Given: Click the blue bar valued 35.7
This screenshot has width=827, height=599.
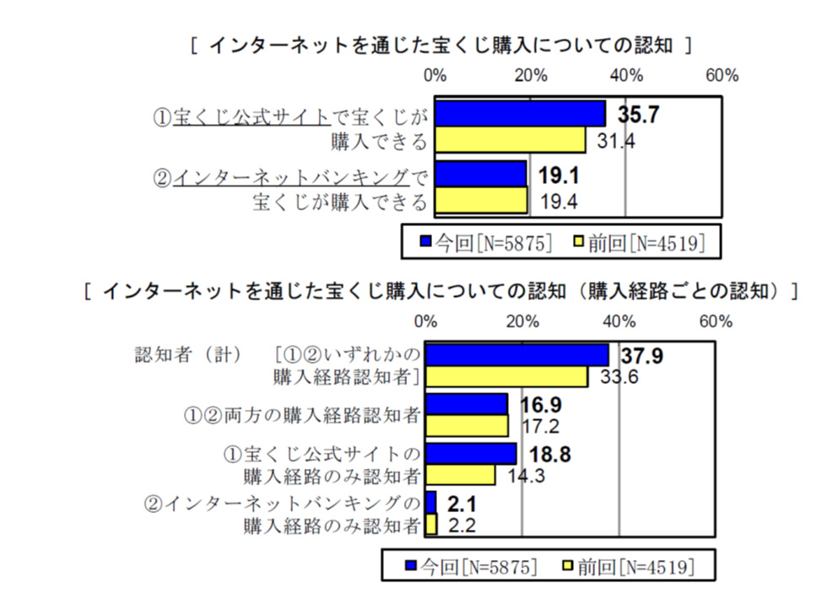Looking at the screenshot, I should pos(520,114).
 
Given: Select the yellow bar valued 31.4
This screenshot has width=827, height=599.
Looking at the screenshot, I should pos(510,139).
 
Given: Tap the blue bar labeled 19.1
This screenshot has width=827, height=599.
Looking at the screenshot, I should pos(481,175).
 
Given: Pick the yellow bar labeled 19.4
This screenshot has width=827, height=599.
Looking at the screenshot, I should pos(481,199).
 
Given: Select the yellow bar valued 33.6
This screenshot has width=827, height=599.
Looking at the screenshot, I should pos(506,376).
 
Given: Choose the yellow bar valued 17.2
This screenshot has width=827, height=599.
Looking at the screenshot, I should pos(467,425).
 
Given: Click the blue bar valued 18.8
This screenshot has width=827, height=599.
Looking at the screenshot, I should pos(471,454).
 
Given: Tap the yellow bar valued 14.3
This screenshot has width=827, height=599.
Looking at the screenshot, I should pos(460,475).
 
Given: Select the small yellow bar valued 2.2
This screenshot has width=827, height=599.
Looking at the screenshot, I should pos(431,525).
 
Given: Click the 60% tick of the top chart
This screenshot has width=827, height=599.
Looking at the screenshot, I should pos(722,76).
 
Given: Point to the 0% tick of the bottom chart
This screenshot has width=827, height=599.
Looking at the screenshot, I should pos(426,321).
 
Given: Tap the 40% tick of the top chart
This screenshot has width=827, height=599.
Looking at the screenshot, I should pos(625,76).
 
